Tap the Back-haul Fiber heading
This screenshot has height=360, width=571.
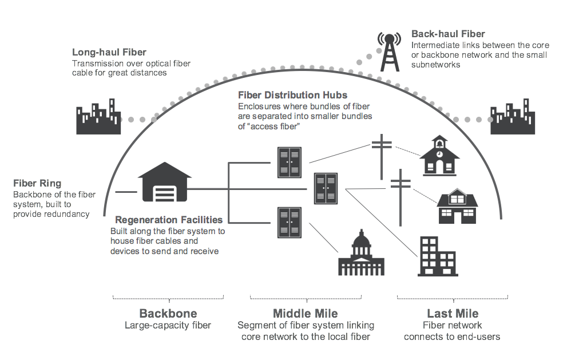point(448,34)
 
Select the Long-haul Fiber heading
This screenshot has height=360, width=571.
point(109,53)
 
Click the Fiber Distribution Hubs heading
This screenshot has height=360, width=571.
point(292,95)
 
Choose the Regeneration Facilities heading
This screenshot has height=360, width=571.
point(169,220)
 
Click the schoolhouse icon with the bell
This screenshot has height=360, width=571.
point(439,156)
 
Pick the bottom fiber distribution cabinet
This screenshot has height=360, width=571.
point(289,222)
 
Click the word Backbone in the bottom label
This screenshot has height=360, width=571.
point(168,314)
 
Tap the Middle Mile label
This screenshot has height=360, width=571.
point(305,314)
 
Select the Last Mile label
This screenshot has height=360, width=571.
point(453,314)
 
